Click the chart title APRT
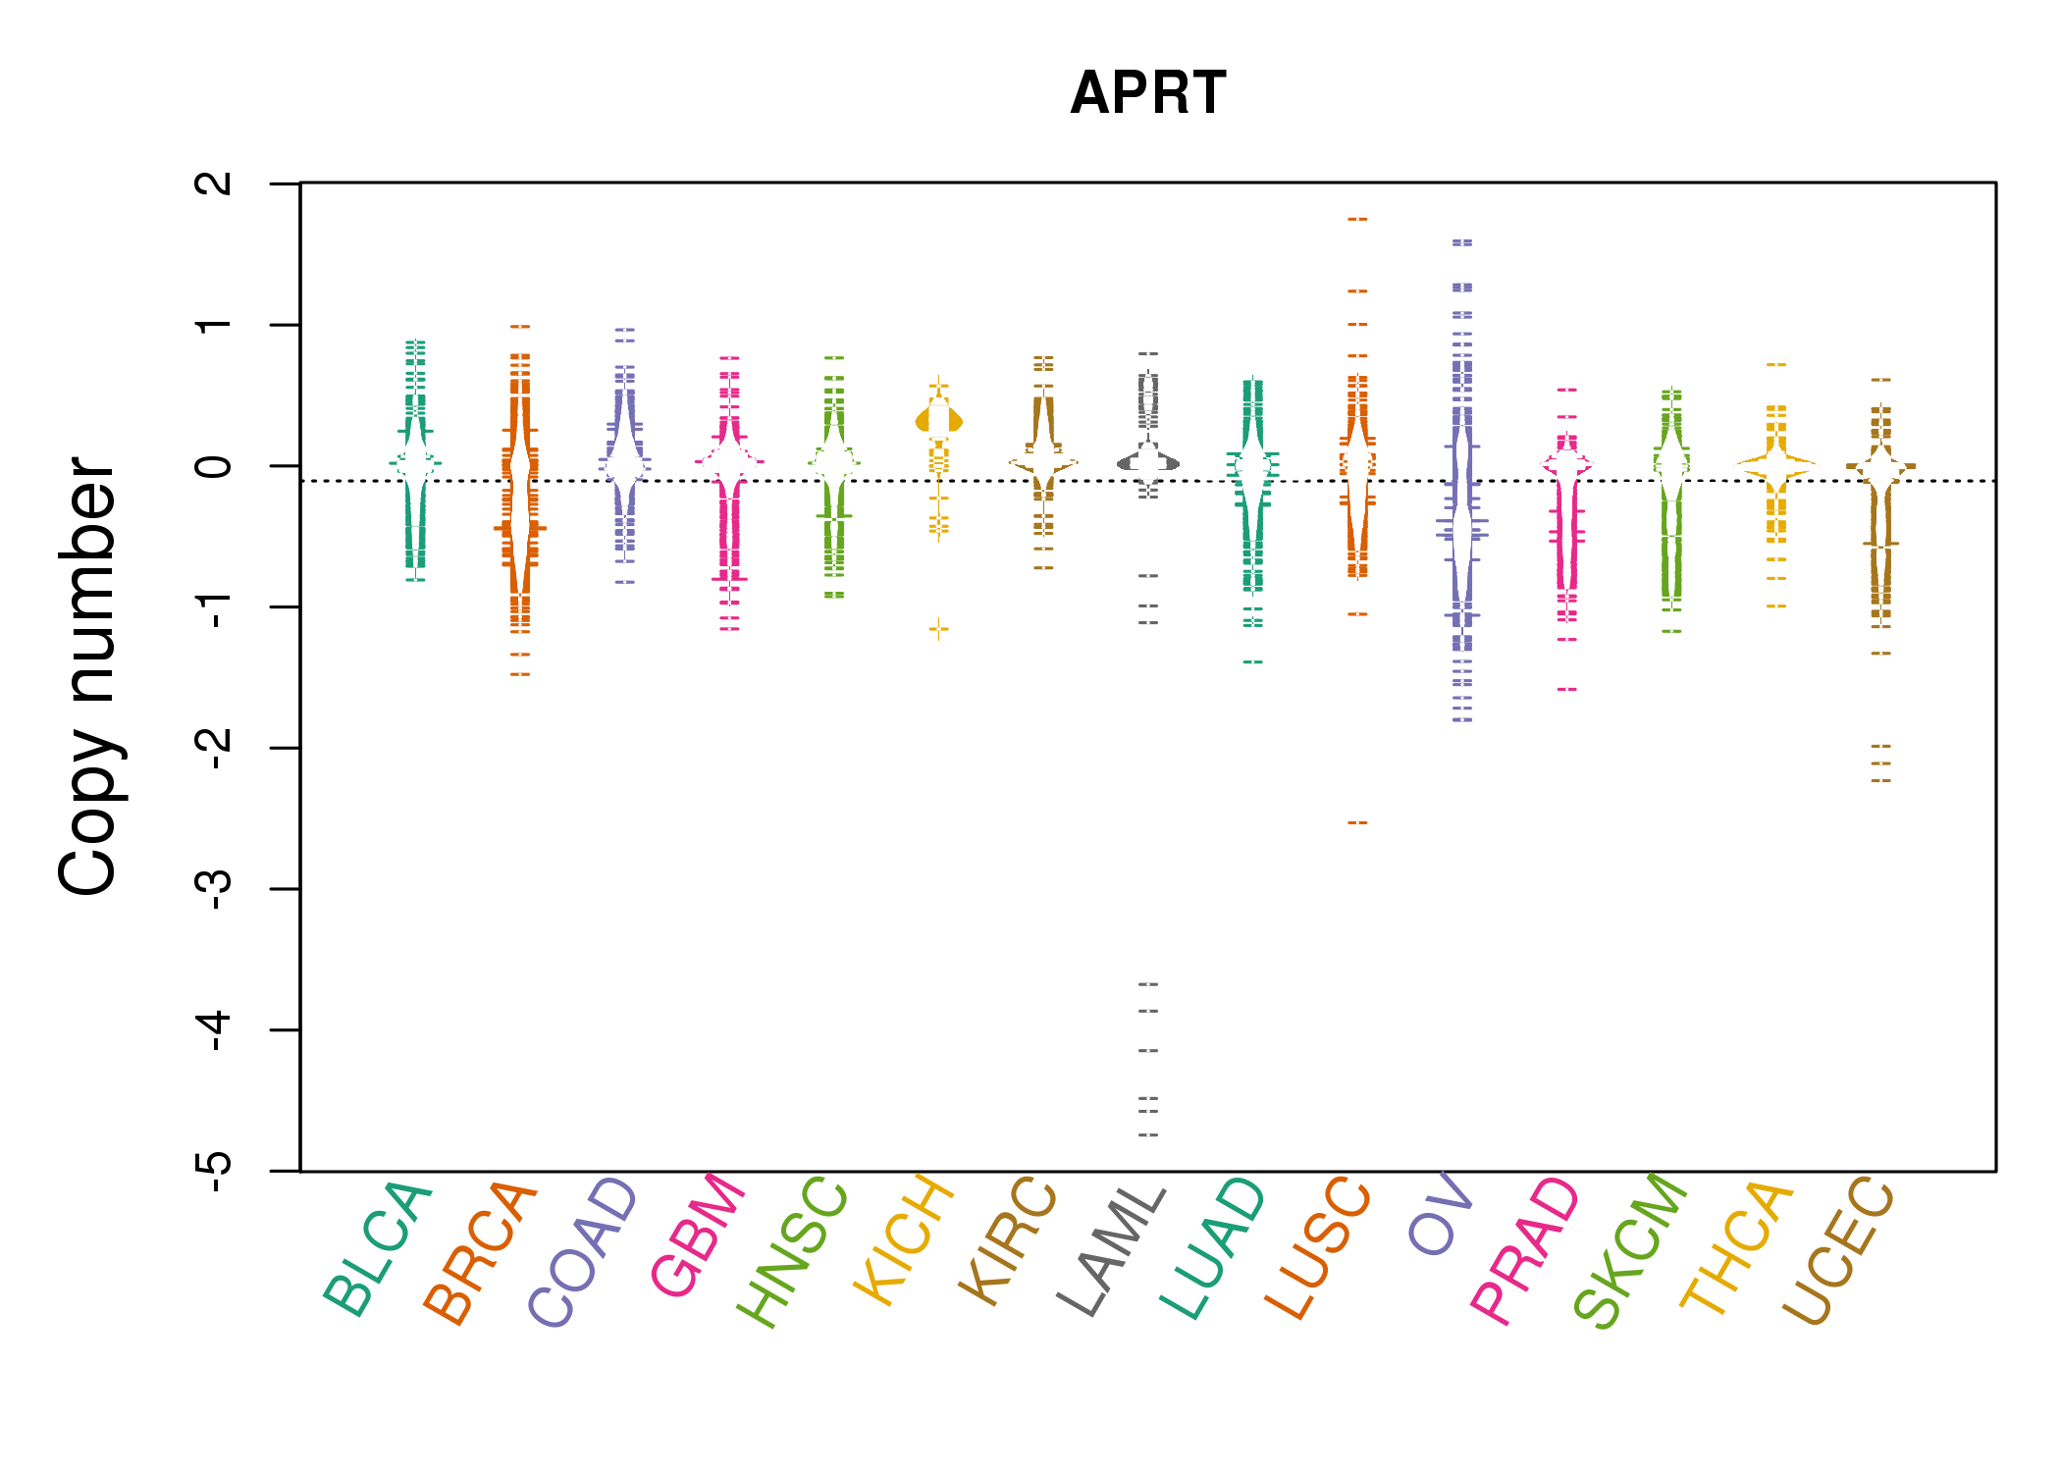click(1147, 93)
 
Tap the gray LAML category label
click(1113, 1250)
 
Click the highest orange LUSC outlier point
click(1357, 219)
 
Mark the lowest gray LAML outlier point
click(1148, 1134)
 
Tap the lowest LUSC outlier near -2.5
click(1357, 822)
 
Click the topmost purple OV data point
click(1462, 241)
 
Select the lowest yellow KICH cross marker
click(939, 628)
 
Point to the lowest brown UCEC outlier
click(1880, 780)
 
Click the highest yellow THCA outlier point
click(1776, 364)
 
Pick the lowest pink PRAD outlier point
click(1567, 689)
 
